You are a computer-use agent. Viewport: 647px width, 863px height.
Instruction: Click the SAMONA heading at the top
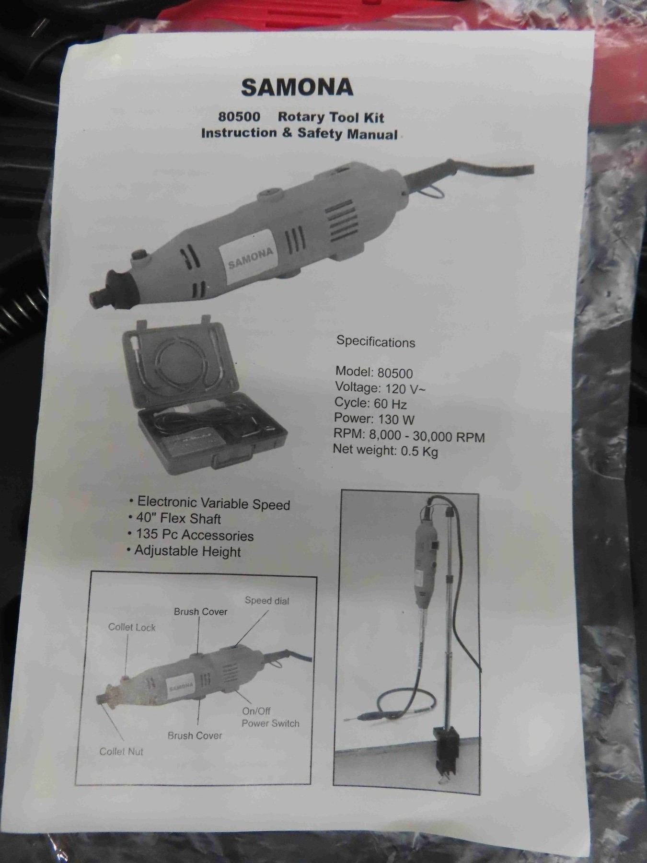coord(297,87)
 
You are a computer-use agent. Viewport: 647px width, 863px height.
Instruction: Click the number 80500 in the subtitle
coord(239,117)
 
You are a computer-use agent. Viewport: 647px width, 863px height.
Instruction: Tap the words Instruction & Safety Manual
coord(300,133)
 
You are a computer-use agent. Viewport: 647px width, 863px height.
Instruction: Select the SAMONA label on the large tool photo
coord(250,257)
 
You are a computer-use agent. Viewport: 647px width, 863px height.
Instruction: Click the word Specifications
coord(376,342)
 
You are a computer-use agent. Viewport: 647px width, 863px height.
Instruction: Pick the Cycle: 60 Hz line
coord(371,403)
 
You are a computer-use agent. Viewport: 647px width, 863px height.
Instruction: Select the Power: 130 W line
coord(374,419)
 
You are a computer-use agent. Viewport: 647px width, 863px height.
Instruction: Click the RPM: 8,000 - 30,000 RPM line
coord(409,436)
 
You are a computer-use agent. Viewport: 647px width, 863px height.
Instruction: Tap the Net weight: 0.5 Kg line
coord(385,451)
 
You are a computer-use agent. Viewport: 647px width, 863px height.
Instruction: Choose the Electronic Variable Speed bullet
coord(210,503)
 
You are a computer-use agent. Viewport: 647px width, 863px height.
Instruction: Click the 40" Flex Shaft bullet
coord(175,519)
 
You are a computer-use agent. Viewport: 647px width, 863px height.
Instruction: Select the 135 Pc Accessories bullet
coord(191,535)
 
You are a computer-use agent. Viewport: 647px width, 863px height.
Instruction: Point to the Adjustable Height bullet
coord(184,551)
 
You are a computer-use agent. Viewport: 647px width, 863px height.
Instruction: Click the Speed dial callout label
coord(267,601)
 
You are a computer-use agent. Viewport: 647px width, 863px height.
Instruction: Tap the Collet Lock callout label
coord(132,627)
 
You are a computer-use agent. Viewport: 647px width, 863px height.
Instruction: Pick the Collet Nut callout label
coord(121,751)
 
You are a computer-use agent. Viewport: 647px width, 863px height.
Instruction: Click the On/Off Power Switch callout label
coord(270,717)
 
